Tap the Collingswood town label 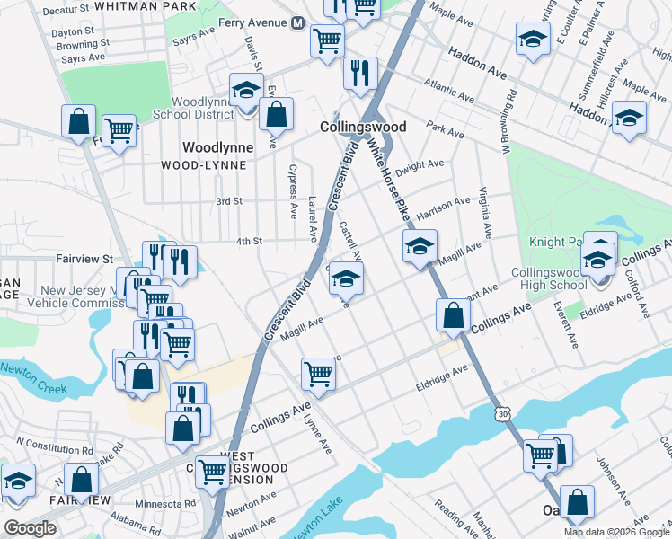tap(363, 128)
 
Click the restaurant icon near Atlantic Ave tap(360, 75)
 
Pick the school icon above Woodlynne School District tap(245, 90)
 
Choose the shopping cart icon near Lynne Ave tap(319, 374)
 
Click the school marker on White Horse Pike tap(420, 248)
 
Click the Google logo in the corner tap(30, 528)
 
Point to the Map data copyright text tap(616, 532)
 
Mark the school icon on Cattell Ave tap(346, 279)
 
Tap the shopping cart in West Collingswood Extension tap(213, 470)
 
